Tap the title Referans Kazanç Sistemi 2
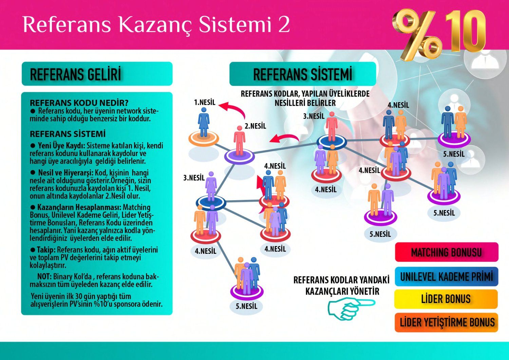(156, 24)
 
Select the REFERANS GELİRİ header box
(97, 74)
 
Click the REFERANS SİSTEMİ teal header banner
(302, 74)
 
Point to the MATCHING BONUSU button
(446, 252)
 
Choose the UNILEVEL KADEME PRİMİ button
(446, 277)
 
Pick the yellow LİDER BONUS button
(446, 299)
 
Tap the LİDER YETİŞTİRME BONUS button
(446, 322)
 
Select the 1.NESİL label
(205, 102)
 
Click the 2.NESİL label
(255, 126)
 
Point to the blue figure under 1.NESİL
(204, 122)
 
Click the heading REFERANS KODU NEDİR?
(79, 103)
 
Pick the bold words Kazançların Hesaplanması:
(79, 207)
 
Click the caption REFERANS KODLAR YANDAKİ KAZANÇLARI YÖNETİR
(341, 285)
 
